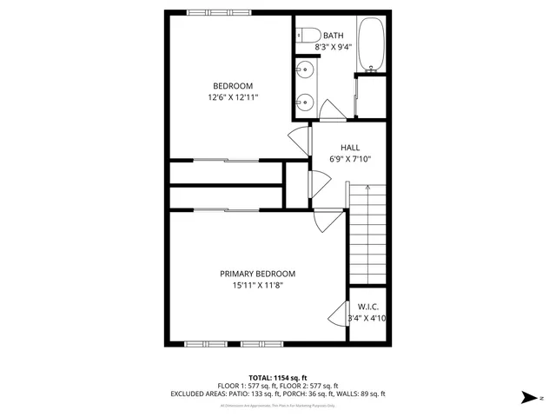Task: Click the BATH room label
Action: pos(334,36)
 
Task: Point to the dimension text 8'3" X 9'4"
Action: pos(334,48)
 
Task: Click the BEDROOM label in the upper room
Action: pos(233,85)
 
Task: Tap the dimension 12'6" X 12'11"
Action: pos(233,98)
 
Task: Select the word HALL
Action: pos(350,148)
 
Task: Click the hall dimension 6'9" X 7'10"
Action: pos(350,160)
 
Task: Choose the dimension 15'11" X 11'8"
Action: pos(257,285)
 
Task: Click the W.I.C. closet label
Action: pos(367,307)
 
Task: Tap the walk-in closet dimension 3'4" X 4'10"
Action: pos(367,319)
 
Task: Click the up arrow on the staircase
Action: pos(367,189)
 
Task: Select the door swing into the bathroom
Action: pos(331,110)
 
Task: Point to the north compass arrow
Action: pos(527,397)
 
